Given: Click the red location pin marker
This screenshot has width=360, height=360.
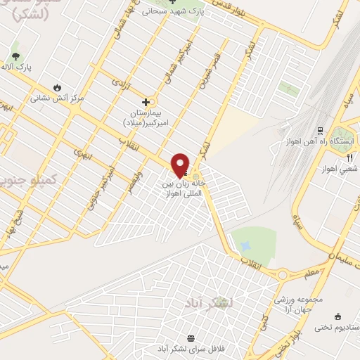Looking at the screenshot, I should tap(181, 165).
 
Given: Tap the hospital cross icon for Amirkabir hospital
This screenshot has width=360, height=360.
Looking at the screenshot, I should tap(146, 101).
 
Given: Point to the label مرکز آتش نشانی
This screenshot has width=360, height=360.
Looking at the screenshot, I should tap(56, 98).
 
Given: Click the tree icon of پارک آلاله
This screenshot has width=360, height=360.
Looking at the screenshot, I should tap(15, 56).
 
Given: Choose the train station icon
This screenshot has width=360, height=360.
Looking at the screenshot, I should tap(320, 130).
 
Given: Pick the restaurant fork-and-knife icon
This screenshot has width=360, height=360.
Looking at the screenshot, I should tap(349, 157).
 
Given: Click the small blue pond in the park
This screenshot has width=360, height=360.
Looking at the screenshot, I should tap(245, 247).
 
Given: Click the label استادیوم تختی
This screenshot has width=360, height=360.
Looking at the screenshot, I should tap(332, 327).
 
